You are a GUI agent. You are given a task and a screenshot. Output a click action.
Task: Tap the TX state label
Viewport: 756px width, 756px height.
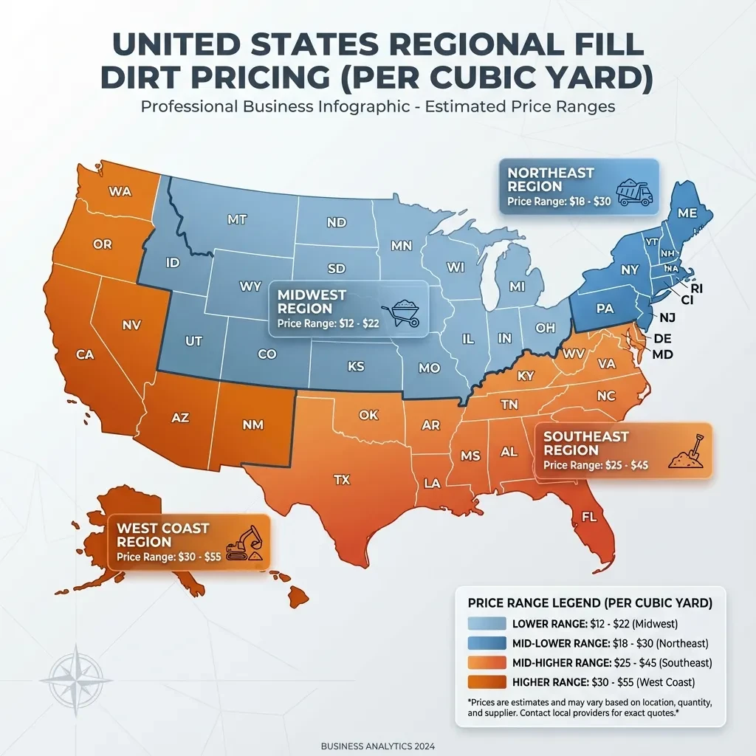pyautogui.click(x=341, y=480)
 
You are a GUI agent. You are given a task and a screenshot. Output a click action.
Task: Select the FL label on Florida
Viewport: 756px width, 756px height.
pyautogui.click(x=589, y=516)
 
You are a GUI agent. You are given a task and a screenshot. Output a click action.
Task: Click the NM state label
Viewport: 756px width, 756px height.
pyautogui.click(x=253, y=425)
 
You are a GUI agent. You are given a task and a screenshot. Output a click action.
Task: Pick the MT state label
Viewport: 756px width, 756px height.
pyautogui.click(x=237, y=219)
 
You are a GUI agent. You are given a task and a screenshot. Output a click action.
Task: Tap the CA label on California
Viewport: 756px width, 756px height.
pyautogui.click(x=86, y=355)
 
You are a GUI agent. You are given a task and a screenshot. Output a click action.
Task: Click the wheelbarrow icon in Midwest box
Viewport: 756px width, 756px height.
pyautogui.click(x=401, y=313)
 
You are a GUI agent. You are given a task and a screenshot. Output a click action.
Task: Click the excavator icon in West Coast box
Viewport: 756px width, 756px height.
pyautogui.click(x=244, y=543)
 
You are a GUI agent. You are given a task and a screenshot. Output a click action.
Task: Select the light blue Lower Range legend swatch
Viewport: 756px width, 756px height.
pyautogui.click(x=486, y=624)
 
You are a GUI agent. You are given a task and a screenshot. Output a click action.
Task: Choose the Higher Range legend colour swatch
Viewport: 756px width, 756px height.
pyautogui.click(x=486, y=681)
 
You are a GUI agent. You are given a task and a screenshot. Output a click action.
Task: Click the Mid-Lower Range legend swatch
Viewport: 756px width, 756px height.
pyautogui.click(x=486, y=643)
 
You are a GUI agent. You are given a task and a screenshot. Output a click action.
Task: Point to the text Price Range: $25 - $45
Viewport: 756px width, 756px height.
pyautogui.click(x=596, y=466)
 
